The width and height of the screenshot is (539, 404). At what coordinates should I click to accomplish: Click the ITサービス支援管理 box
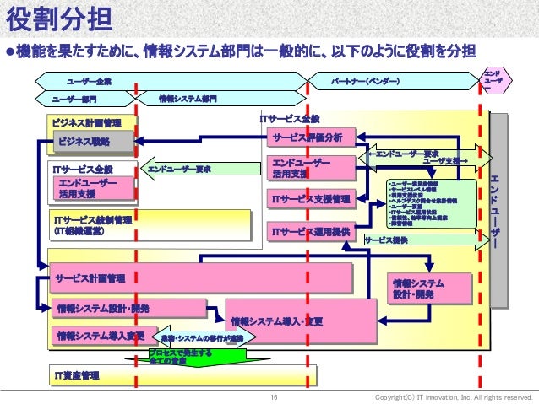click(309, 199)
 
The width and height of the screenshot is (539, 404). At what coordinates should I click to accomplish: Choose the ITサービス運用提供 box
click(309, 229)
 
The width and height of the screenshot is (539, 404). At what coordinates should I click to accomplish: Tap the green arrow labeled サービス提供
click(422, 240)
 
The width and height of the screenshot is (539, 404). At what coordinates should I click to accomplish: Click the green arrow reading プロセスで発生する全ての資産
click(181, 358)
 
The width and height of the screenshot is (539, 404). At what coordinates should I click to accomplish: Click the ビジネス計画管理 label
click(92, 122)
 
